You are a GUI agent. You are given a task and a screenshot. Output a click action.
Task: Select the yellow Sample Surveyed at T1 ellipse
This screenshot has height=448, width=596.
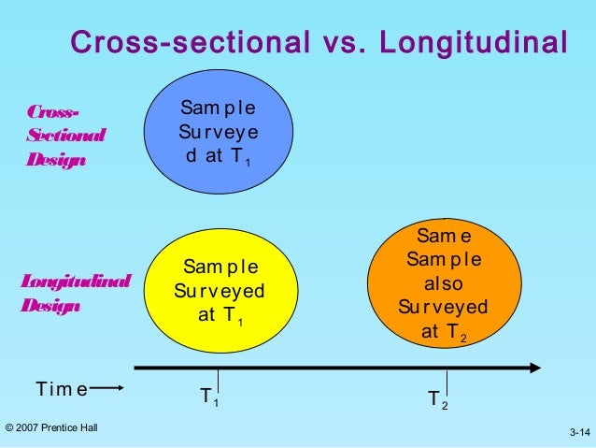219,292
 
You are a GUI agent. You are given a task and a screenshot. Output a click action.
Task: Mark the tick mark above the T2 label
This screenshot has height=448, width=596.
447,379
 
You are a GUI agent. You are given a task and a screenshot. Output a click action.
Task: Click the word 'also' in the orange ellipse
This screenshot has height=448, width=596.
444,283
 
